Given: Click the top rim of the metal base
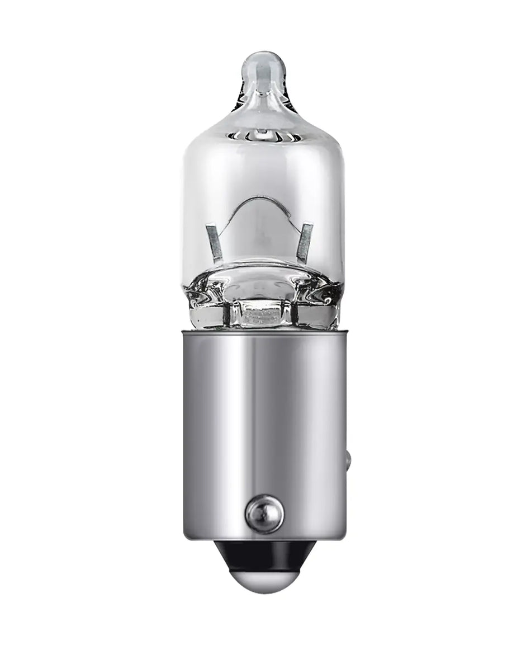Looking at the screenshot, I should pyautogui.click(x=263, y=332).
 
